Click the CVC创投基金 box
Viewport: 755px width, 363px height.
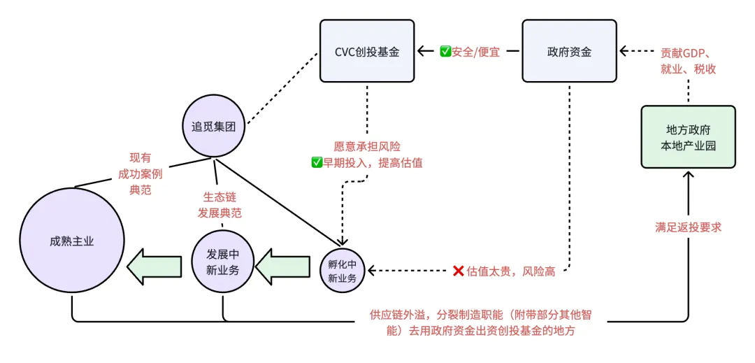pyautogui.click(x=367, y=50)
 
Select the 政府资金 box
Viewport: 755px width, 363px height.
pyautogui.click(x=570, y=50)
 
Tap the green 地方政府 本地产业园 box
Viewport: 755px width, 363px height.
pyautogui.click(x=689, y=137)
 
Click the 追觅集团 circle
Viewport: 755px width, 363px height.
pyautogui.click(x=216, y=127)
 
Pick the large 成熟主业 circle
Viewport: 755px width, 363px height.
pyautogui.click(x=72, y=241)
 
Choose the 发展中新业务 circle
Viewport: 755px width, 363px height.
pyautogui.click(x=222, y=262)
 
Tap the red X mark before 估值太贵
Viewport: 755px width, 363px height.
pyautogui.click(x=459, y=271)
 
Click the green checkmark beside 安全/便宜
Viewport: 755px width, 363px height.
pyautogui.click(x=445, y=51)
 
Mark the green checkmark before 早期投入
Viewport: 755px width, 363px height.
pyautogui.click(x=316, y=162)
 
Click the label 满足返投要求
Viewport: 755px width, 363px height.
pyautogui.click(x=688, y=227)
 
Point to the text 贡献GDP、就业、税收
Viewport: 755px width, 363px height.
pyautogui.click(x=688, y=61)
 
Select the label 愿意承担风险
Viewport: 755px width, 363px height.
pyautogui.click(x=367, y=147)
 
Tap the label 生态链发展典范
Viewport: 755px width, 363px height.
pyautogui.click(x=222, y=204)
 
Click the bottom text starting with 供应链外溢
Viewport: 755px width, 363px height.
pyautogui.click(x=482, y=323)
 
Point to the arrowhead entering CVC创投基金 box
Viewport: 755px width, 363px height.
pyautogui.click(x=422, y=51)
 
